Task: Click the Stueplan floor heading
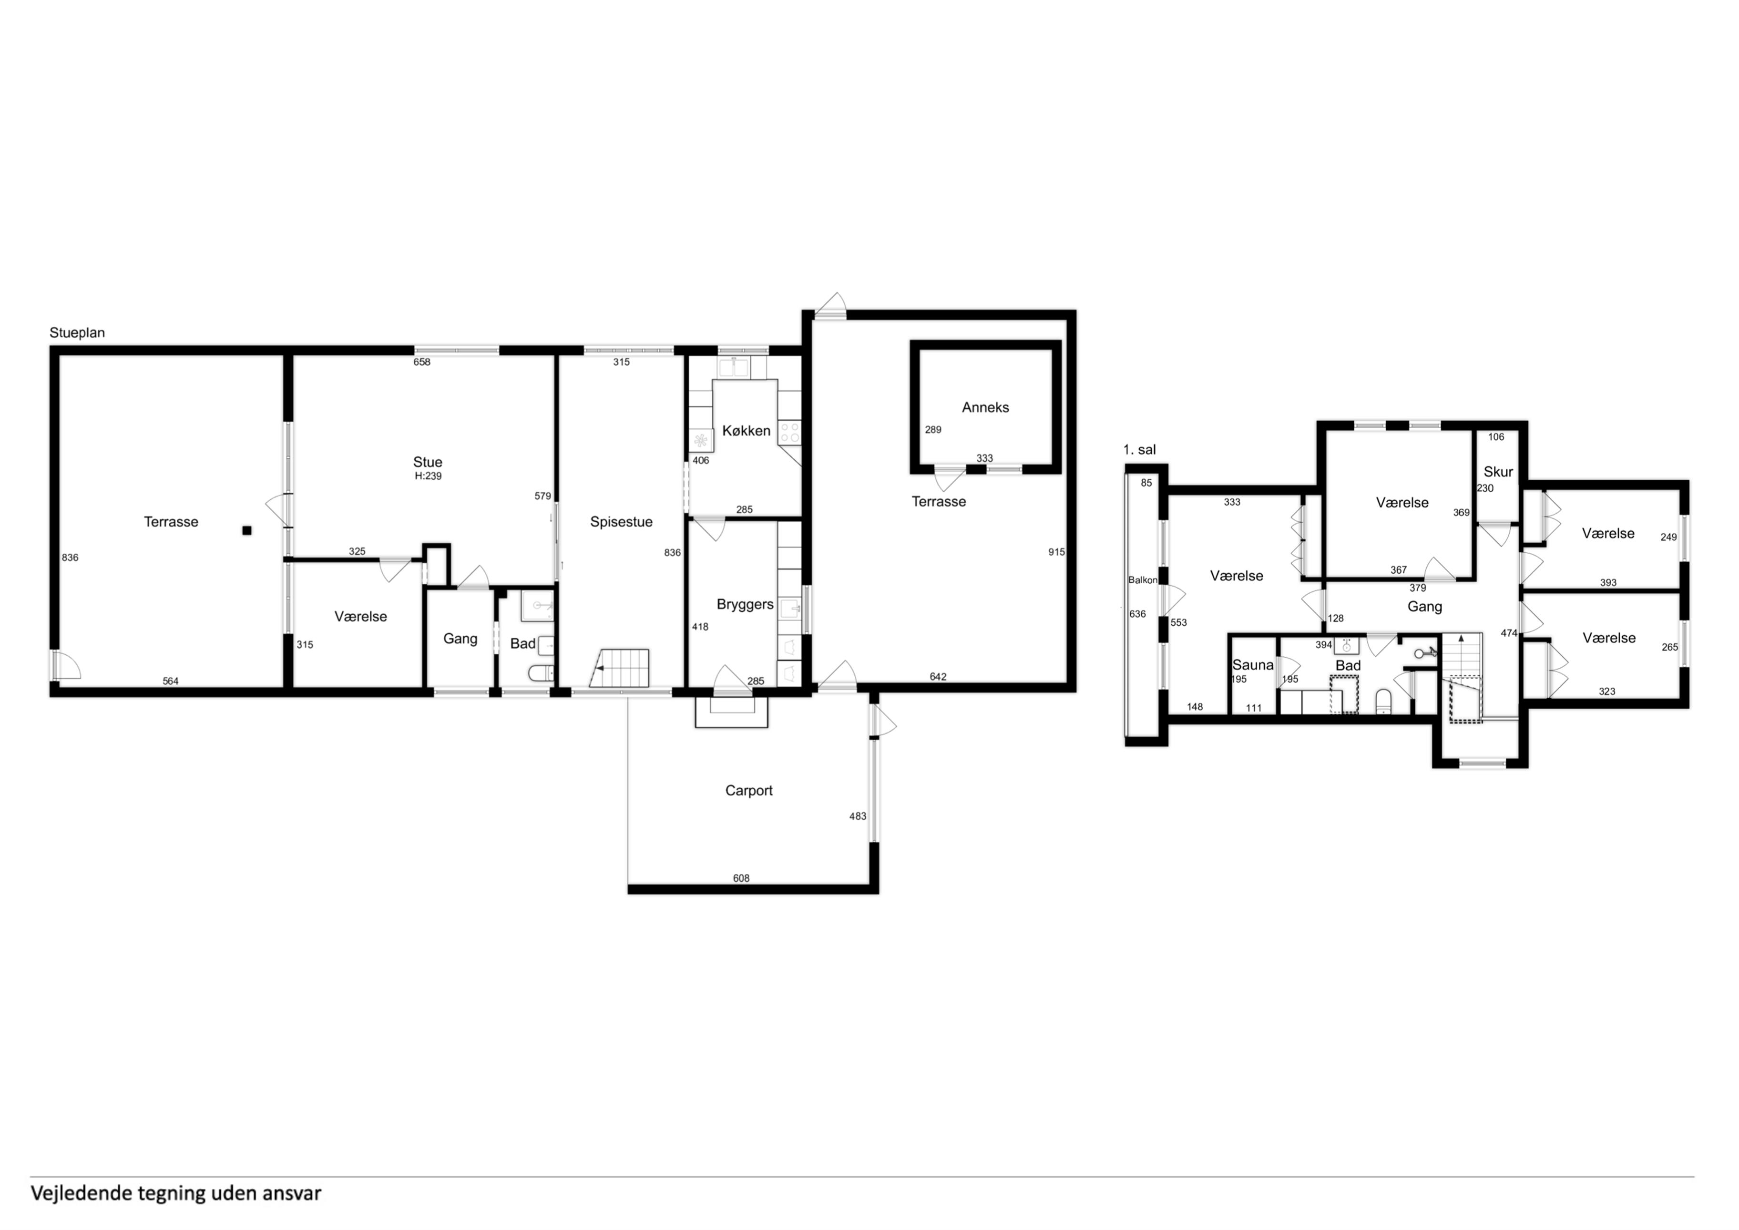coord(77,333)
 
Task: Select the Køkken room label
coord(746,431)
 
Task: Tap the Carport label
coord(749,790)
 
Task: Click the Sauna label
coord(1253,665)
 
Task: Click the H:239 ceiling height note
coord(428,476)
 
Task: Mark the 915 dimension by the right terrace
coord(1056,552)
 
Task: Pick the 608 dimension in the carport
coord(741,879)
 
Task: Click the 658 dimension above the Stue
coord(422,362)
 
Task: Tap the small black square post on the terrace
coord(247,530)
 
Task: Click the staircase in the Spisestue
coord(620,668)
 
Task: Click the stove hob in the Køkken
coord(790,433)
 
